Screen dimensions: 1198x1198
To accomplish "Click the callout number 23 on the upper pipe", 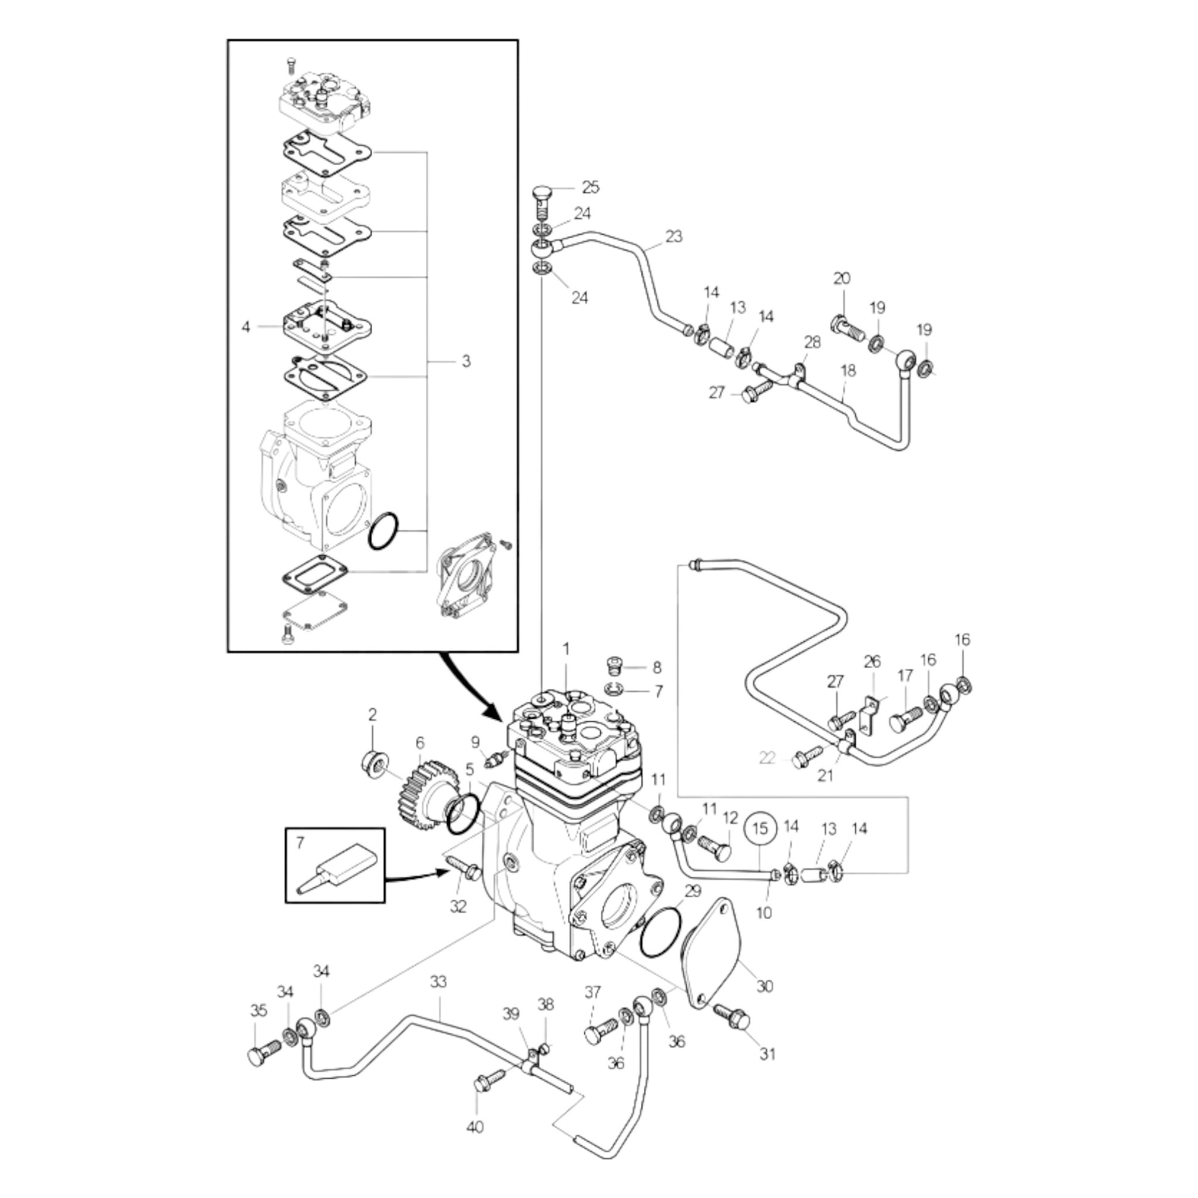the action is pyautogui.click(x=673, y=236).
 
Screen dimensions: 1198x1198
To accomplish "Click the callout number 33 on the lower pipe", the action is pyautogui.click(x=438, y=981).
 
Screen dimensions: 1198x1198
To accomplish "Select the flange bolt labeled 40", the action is pyautogui.click(x=490, y=1080).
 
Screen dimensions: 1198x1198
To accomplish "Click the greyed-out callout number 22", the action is pyautogui.click(x=768, y=758).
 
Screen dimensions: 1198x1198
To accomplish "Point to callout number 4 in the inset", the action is pyautogui.click(x=246, y=326).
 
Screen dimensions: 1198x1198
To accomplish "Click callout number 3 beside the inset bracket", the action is pyautogui.click(x=466, y=361).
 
